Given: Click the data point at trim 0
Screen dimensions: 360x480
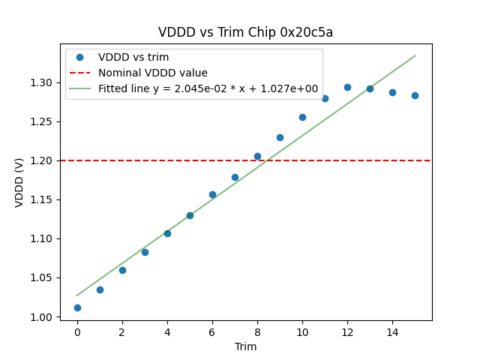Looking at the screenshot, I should (77, 307).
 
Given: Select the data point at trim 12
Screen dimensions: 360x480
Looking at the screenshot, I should (347, 87).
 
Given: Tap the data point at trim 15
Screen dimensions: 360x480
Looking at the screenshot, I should (415, 95).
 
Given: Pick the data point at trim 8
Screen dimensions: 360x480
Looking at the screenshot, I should (257, 156).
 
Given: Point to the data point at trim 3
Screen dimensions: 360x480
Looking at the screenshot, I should (145, 252).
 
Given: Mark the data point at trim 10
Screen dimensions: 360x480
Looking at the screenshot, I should (302, 117).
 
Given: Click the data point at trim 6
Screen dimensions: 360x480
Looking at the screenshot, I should (212, 194).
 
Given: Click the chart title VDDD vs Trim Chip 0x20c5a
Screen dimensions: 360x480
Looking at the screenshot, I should (245, 32).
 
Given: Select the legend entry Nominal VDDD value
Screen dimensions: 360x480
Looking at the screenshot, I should (153, 73).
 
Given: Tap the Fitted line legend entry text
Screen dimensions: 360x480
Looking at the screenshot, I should (208, 88).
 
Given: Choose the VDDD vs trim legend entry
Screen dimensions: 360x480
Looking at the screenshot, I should (133, 57).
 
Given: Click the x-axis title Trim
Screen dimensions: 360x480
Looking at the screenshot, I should (245, 346).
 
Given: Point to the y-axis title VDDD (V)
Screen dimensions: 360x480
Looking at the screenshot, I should (19, 181).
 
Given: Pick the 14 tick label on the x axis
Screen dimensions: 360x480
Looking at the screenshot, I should (392, 332).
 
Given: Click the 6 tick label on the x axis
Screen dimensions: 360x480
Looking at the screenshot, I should (212, 332).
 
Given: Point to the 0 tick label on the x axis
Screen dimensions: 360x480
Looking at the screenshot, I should (77, 332).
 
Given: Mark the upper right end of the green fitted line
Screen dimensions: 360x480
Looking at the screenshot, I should (415, 55).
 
